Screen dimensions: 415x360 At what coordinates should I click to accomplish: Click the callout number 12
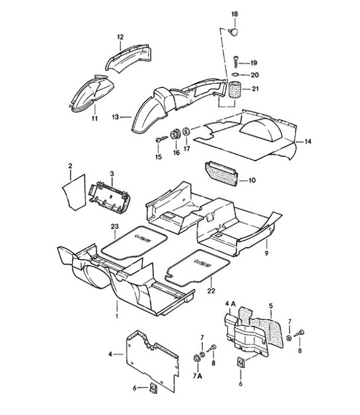(x=120, y=36)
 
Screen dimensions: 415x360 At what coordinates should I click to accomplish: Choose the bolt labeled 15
(x=161, y=139)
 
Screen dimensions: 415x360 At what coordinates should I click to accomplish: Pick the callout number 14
(x=308, y=141)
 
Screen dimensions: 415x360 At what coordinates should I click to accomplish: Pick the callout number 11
(x=94, y=119)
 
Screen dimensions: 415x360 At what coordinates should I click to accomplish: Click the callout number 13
(x=117, y=117)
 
